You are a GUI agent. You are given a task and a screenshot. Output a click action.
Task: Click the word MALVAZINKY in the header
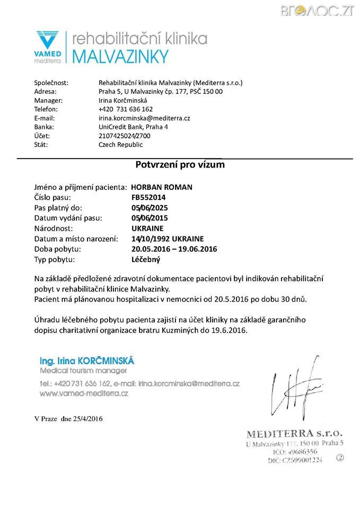(x=120, y=56)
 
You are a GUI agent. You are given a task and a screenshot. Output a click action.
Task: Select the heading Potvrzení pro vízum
(x=180, y=164)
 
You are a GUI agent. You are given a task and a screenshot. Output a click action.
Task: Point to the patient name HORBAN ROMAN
(x=162, y=187)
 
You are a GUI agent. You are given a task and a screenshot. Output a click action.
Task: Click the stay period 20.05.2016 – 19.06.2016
(x=174, y=249)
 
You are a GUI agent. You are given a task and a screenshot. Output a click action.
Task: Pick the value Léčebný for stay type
(x=145, y=260)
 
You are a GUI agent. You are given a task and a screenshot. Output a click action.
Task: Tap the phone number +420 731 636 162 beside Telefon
(x=126, y=109)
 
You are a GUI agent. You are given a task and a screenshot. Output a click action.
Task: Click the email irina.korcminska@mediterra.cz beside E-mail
(x=144, y=118)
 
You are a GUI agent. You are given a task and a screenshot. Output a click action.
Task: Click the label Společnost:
(x=51, y=83)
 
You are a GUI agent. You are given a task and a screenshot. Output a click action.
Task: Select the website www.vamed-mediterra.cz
(x=84, y=394)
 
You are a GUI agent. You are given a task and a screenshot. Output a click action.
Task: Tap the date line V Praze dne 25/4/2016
(x=68, y=419)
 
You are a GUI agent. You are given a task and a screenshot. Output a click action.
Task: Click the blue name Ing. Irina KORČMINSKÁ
(x=87, y=361)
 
